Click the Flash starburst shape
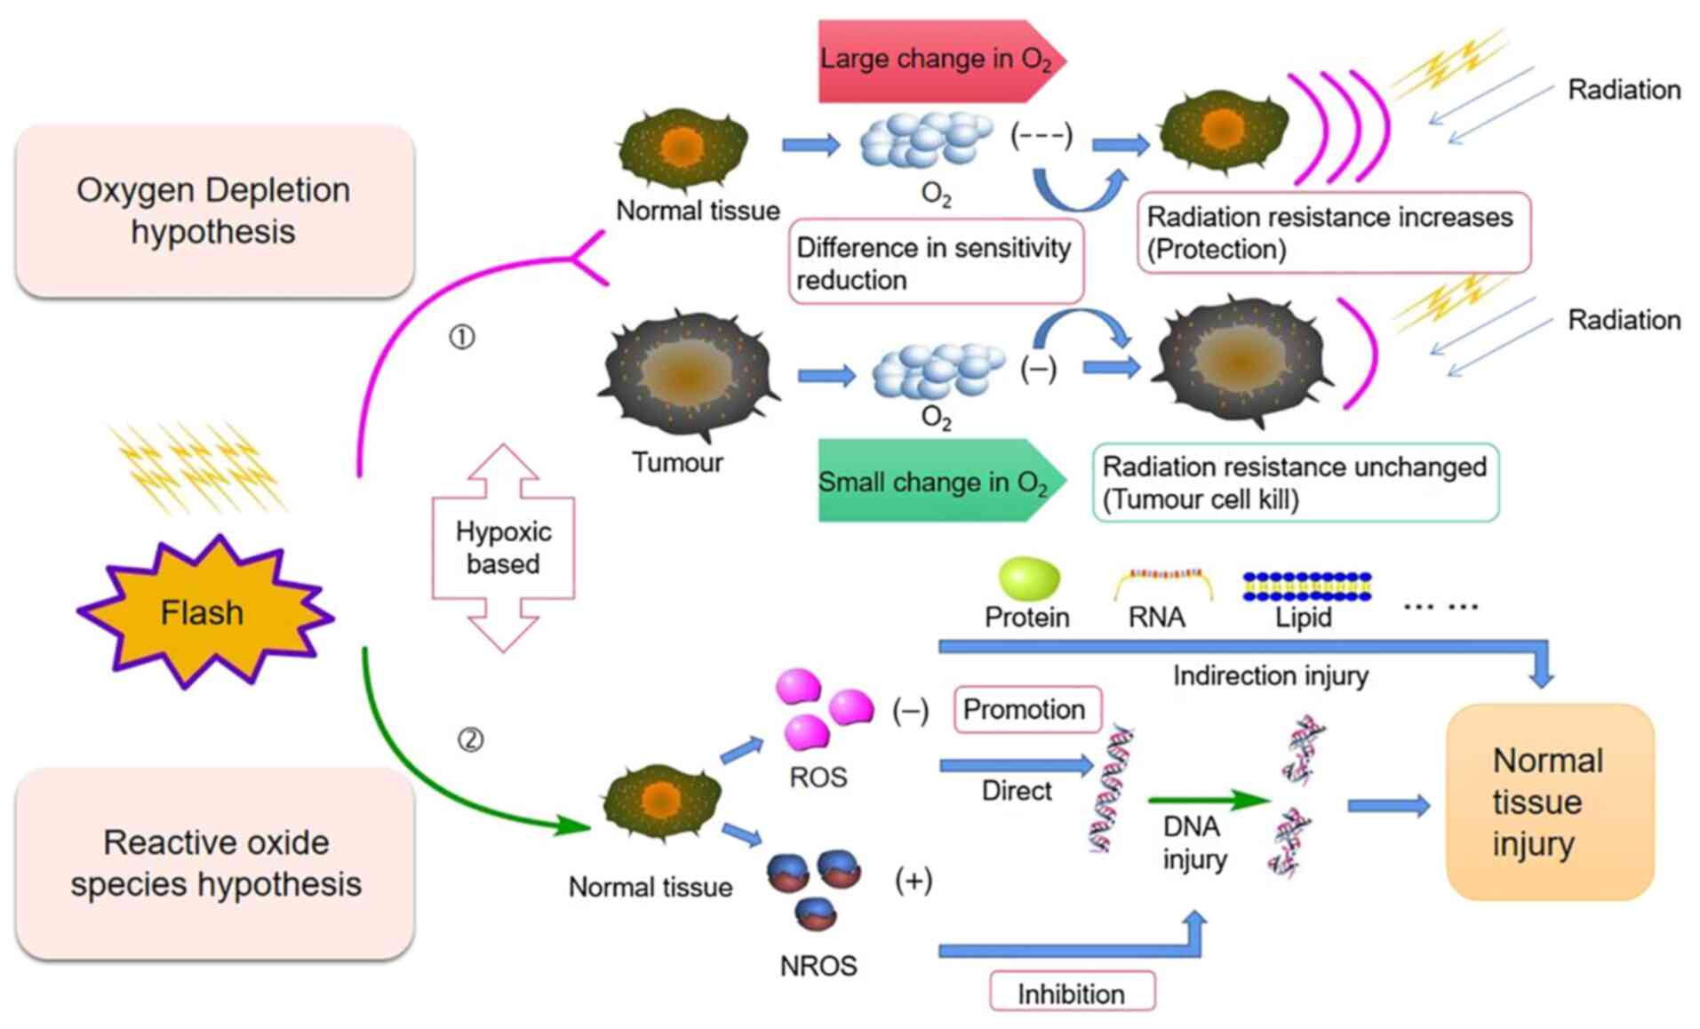click(203, 612)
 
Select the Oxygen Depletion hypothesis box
click(214, 211)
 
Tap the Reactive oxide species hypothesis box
click(215, 863)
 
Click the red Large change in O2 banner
click(938, 60)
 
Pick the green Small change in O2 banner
click(938, 482)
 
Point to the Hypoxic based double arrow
click(503, 548)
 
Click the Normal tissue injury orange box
click(1549, 802)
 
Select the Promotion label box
click(1026, 709)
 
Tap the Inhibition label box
click(1072, 993)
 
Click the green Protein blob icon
click(1029, 578)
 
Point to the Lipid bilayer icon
click(1306, 586)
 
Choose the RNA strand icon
click(1163, 582)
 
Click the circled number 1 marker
click(462, 338)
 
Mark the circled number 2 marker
click(471, 739)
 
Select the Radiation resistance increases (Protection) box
click(1332, 233)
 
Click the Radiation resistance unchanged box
click(1295, 483)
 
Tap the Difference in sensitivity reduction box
click(935, 263)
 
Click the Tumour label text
click(677, 463)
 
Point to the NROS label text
click(818, 966)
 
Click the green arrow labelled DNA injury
click(1209, 800)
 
